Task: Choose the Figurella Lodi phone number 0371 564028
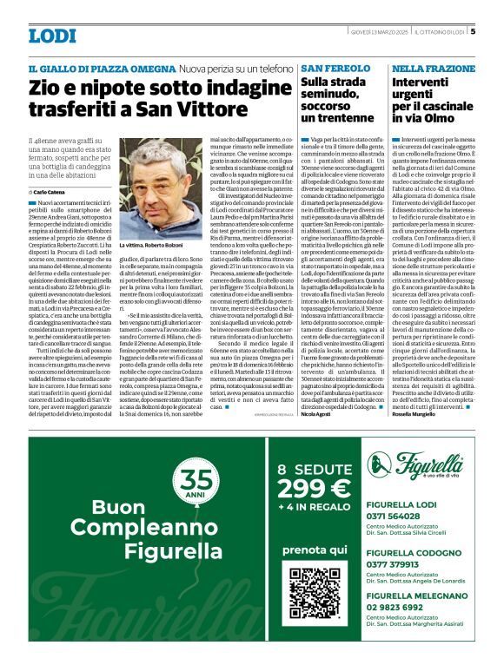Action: coord(395,516)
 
